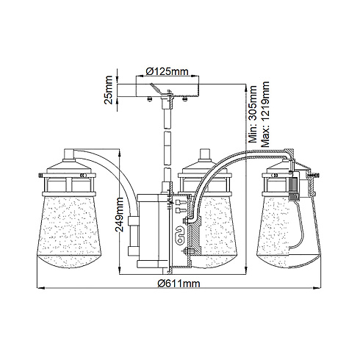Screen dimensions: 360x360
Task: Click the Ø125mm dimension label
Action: tap(168, 71)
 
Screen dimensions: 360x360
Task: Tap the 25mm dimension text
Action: tap(108, 90)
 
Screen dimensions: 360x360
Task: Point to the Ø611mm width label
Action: tap(179, 284)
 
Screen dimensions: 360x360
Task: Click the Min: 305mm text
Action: tap(253, 114)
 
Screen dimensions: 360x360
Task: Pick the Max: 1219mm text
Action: tap(265, 114)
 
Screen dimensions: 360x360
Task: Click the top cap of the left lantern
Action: tap(68, 154)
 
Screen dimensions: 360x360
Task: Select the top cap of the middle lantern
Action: tap(205, 154)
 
